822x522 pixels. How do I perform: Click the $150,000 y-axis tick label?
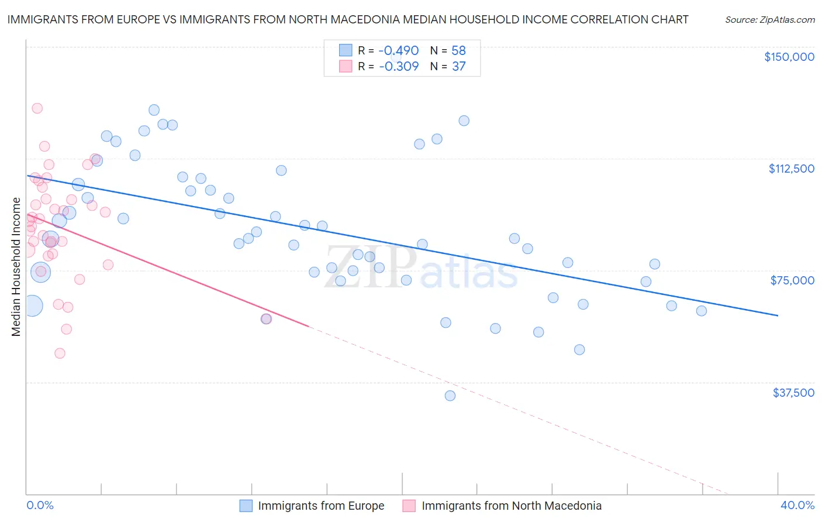[x=789, y=57]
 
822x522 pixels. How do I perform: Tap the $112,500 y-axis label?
[x=791, y=169]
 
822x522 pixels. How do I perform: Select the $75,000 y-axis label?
[x=792, y=280]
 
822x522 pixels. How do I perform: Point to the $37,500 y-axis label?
[x=793, y=393]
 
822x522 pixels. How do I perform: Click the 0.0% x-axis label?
[x=40, y=505]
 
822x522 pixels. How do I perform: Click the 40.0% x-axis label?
[x=797, y=505]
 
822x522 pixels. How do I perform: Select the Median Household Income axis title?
[x=16, y=267]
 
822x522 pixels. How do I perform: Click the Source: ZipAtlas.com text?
[x=769, y=20]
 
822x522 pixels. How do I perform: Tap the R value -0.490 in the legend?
[x=399, y=50]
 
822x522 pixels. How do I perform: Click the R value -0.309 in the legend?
[x=399, y=66]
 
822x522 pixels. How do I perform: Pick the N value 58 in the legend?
[x=458, y=50]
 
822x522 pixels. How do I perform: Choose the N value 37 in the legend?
[x=458, y=66]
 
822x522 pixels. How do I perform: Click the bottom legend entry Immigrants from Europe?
[x=320, y=506]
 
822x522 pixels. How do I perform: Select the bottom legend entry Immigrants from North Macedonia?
[x=511, y=506]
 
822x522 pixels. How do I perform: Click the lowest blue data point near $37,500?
[x=450, y=396]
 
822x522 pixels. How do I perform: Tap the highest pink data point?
[x=37, y=108]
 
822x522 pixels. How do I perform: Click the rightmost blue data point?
[x=702, y=311]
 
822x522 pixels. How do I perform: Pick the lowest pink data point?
[x=60, y=353]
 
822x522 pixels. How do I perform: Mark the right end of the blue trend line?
[x=778, y=315]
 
